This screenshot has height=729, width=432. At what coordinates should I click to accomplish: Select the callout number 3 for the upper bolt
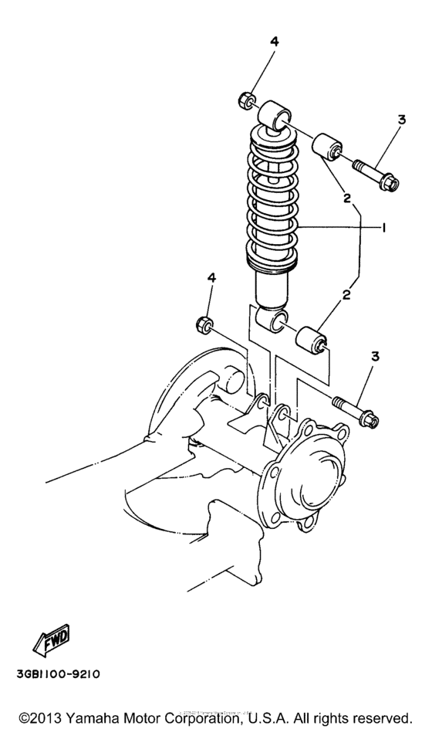400,120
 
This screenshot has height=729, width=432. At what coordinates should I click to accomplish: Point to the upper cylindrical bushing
328,146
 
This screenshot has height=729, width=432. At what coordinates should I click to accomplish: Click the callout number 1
383,228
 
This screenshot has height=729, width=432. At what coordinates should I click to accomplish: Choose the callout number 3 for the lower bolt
375,356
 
